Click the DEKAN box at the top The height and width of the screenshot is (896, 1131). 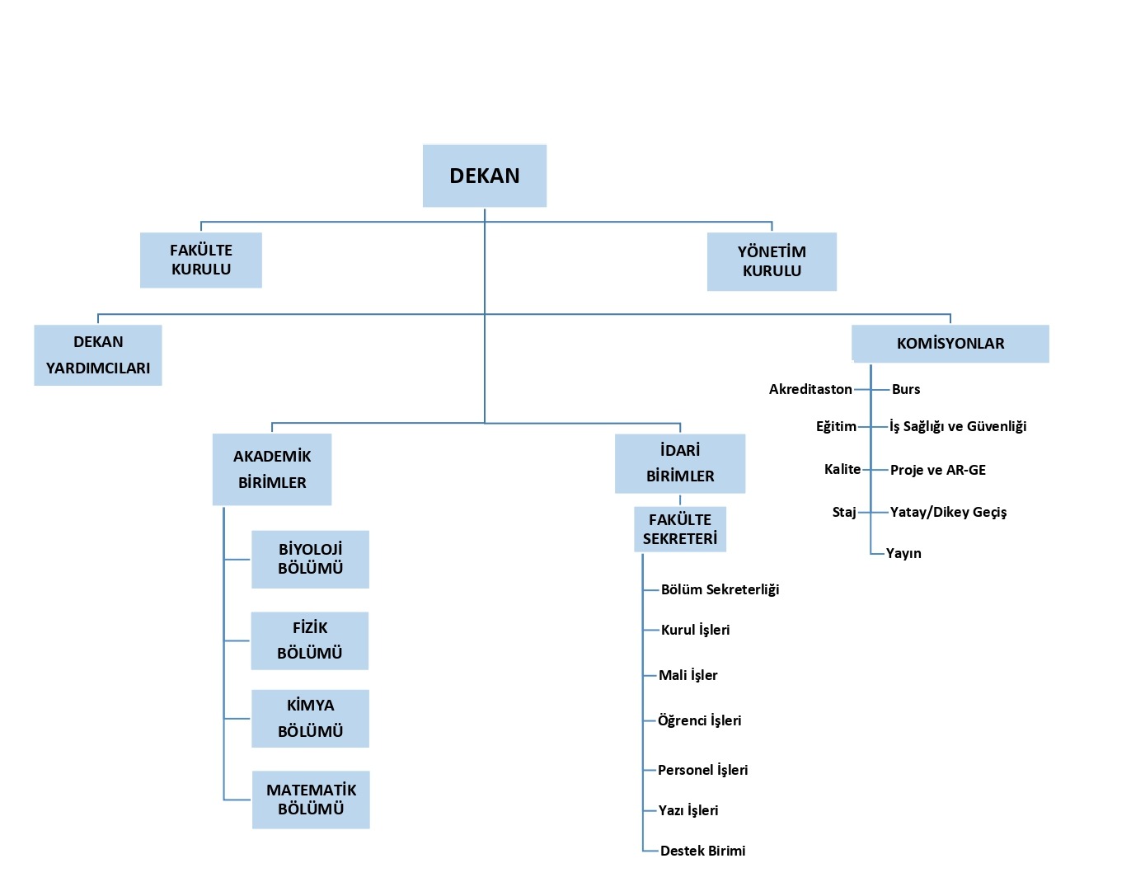click(485, 176)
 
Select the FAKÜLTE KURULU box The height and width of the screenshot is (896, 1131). click(201, 260)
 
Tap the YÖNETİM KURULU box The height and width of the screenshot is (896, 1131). click(772, 261)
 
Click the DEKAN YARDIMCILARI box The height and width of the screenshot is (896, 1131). click(98, 355)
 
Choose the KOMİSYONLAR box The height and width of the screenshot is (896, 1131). click(950, 344)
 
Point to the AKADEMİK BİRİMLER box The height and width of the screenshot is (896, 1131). click(272, 469)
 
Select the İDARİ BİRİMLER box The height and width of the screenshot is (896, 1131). click(680, 463)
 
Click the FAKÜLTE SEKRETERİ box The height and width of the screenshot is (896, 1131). click(680, 529)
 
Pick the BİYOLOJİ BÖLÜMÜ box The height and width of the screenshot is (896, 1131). click(310, 559)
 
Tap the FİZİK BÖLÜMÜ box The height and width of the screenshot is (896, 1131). click(310, 640)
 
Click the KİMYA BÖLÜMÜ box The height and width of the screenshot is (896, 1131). click(310, 719)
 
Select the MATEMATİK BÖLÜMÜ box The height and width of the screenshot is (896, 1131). click(311, 800)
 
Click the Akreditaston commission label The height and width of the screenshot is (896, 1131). click(810, 389)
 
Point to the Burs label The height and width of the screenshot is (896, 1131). click(906, 389)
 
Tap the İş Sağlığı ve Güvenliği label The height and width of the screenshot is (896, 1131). click(958, 426)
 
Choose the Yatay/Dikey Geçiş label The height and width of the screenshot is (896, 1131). click(948, 512)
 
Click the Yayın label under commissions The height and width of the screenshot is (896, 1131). click(903, 553)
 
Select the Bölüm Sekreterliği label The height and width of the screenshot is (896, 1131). click(720, 589)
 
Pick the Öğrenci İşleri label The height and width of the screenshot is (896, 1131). click(699, 720)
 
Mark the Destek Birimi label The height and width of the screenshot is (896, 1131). click(702, 851)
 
